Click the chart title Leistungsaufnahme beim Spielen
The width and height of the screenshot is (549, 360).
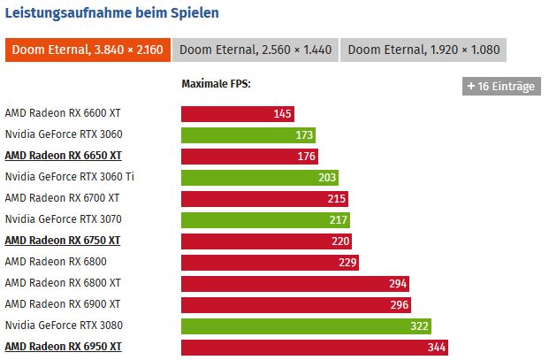pyautogui.click(x=112, y=13)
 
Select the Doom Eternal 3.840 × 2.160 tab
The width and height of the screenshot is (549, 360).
pyautogui.click(x=88, y=50)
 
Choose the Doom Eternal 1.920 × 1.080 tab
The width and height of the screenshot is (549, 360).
pyautogui.click(x=423, y=50)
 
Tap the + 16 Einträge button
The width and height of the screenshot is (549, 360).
pyautogui.click(x=500, y=86)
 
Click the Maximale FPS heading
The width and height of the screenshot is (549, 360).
pyautogui.click(x=216, y=85)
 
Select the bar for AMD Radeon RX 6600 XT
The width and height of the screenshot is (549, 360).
pyautogui.click(x=237, y=113)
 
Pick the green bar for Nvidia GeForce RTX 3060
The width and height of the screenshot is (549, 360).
pyautogui.click(x=248, y=134)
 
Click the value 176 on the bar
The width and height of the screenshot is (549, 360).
pyautogui.click(x=306, y=157)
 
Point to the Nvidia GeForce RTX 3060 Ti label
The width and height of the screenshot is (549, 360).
pyautogui.click(x=69, y=177)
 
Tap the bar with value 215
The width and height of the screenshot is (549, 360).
pyautogui.click(x=264, y=198)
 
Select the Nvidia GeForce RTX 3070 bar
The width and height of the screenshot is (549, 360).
pyautogui.click(x=265, y=219)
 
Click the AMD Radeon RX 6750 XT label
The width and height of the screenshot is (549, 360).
pyautogui.click(x=62, y=241)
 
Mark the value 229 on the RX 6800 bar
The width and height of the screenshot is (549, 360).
pyautogui.click(x=347, y=263)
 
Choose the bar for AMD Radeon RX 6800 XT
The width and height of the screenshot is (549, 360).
pyautogui.click(x=294, y=283)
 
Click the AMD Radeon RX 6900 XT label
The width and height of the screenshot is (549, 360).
pyautogui.click(x=62, y=304)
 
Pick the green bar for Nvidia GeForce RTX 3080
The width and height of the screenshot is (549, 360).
pyautogui.click(x=306, y=326)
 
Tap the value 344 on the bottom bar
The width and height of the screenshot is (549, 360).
pyautogui.click(x=437, y=348)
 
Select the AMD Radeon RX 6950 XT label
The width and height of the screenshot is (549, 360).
pyautogui.click(x=62, y=347)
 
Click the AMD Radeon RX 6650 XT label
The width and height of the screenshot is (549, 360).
pyautogui.click(x=62, y=156)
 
